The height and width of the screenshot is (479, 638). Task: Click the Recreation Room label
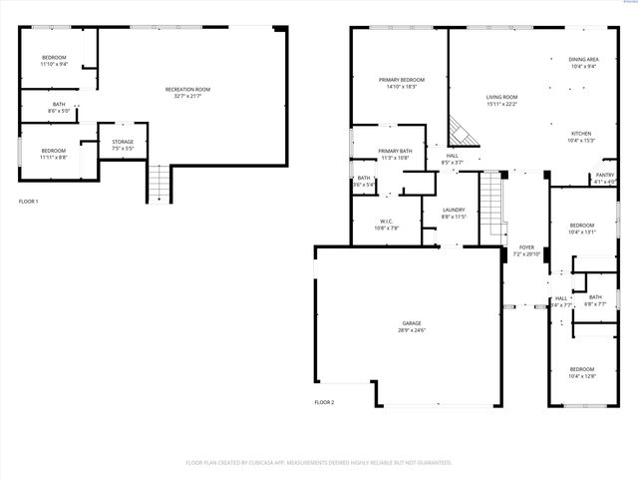tap(187, 93)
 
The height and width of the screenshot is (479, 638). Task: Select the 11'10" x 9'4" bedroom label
tap(54, 61)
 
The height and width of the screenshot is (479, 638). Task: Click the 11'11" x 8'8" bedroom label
tap(54, 154)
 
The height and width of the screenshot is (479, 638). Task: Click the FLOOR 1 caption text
tap(29, 202)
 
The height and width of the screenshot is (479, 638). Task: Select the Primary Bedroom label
tap(401, 83)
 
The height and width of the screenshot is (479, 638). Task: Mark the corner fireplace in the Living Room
tap(458, 130)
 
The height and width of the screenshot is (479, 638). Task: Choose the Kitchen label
tap(581, 137)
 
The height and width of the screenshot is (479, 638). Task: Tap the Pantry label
tap(605, 178)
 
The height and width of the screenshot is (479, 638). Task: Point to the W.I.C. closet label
tap(387, 225)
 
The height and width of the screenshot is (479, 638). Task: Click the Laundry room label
tap(454, 213)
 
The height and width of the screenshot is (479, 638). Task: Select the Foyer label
tap(526, 250)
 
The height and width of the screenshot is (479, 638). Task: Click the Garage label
tap(412, 326)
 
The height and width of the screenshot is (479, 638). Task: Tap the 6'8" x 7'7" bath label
tap(595, 300)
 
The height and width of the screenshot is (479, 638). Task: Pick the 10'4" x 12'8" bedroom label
tap(581, 372)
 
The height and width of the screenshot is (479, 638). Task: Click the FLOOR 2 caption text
tap(324, 401)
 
